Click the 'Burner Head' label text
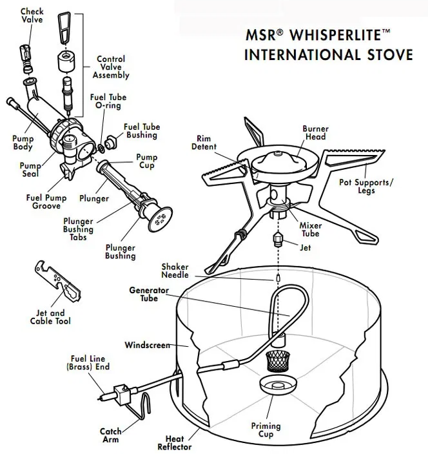(315, 132)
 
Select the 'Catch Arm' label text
(111, 435)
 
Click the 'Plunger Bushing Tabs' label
(78, 225)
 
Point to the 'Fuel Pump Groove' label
(43, 201)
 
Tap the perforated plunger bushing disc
(158, 218)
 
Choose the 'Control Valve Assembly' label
(111, 67)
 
